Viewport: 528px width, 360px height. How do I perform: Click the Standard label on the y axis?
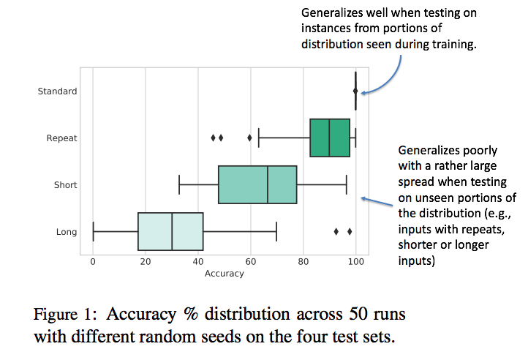point(57,91)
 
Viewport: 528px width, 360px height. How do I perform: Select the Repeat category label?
point(61,138)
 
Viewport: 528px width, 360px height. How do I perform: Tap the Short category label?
point(65,185)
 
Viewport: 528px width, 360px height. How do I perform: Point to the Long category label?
point(67,232)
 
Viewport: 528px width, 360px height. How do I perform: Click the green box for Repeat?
point(330,138)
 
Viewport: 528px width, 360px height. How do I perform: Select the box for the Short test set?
point(257,184)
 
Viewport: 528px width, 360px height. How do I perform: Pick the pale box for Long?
point(170,232)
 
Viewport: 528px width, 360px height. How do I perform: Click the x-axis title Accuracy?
point(225,274)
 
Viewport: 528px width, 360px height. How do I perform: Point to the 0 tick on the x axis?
point(93,261)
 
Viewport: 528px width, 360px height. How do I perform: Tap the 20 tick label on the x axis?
point(146,261)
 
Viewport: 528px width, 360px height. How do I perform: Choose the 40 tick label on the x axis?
point(198,261)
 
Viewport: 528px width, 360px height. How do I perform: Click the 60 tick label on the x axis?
point(251,261)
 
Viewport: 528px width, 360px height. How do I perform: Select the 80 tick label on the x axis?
point(303,261)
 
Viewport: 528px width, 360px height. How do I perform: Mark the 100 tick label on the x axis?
point(356,261)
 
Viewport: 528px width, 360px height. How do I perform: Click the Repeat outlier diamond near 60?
point(249,138)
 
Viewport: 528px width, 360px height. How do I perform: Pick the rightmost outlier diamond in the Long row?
point(350,231)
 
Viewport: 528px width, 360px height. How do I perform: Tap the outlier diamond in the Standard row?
point(355,91)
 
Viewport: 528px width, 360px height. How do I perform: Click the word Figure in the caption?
point(57,315)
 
